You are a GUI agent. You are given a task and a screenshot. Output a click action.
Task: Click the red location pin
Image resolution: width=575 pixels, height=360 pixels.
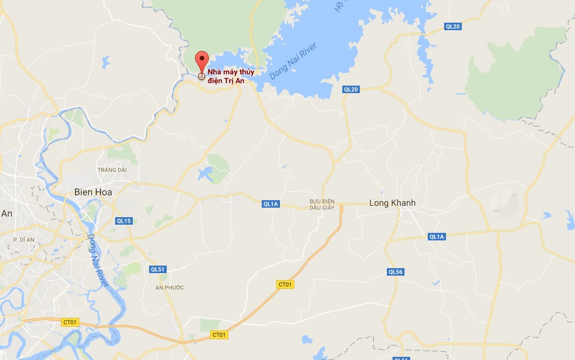[x=201, y=61]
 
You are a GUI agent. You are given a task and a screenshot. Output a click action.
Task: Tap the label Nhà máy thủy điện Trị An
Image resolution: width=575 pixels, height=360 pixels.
[x=231, y=76]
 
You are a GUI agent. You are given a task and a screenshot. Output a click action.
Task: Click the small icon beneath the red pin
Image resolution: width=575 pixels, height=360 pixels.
[x=201, y=77]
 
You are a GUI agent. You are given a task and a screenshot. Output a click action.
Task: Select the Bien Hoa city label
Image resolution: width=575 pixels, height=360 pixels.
[x=92, y=191]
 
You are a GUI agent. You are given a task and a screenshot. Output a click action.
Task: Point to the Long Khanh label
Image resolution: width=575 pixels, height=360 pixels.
[x=392, y=203]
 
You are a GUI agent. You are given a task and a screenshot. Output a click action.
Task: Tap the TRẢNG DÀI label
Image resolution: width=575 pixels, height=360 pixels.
[x=112, y=170]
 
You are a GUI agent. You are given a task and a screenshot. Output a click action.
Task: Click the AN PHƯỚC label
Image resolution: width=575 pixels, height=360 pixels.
[x=170, y=288]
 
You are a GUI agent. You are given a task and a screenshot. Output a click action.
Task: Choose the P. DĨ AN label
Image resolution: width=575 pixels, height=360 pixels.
[x=23, y=240]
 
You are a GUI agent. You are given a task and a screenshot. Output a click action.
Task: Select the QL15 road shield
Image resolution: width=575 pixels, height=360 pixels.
[x=124, y=221]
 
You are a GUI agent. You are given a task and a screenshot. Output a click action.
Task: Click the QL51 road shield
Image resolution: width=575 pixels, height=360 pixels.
[x=157, y=269]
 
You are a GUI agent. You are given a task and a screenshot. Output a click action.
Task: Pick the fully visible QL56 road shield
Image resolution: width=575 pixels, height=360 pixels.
[x=394, y=272]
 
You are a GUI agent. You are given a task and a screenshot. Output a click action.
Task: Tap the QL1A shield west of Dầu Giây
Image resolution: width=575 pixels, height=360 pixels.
[x=271, y=203]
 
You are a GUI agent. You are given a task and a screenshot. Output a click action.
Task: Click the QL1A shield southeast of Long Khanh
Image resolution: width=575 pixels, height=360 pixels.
[x=437, y=237]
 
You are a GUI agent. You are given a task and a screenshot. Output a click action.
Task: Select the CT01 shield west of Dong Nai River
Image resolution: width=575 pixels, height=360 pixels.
[x=69, y=322]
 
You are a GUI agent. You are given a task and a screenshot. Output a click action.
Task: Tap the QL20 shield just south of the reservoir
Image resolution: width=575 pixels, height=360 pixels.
[x=350, y=89]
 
